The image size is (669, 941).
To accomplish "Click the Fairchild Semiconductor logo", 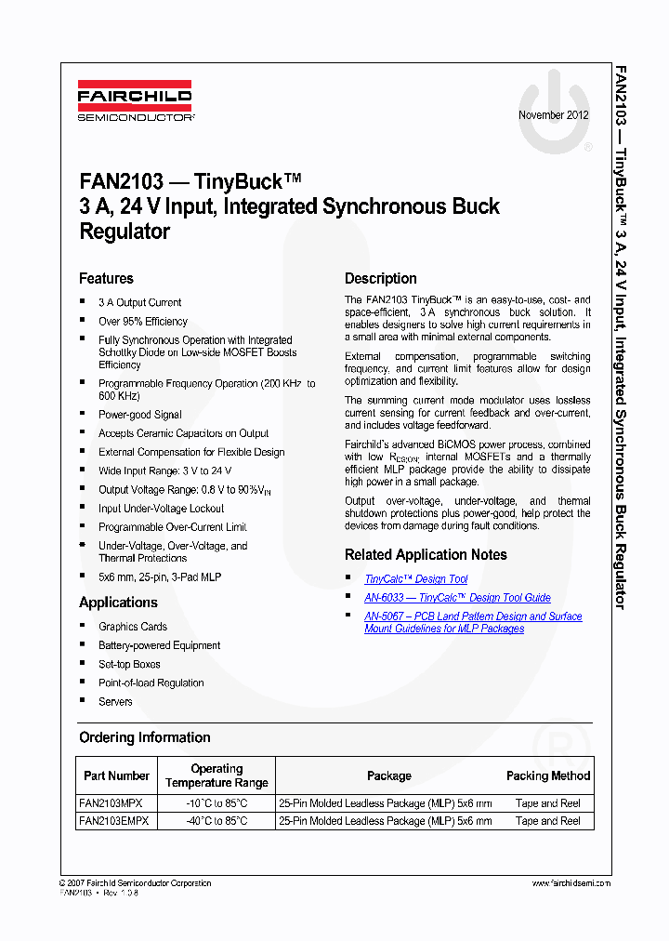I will point(135,103).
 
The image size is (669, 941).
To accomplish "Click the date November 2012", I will point(553,116).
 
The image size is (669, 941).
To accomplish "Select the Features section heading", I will point(106,279).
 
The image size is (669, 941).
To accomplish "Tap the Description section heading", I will point(381,279).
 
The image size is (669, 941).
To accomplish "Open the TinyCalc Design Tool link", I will point(415,579).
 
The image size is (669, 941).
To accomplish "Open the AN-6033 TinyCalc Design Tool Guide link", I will point(457,598).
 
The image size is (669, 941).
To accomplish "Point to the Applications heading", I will point(118,603).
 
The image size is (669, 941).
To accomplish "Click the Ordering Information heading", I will point(144,737).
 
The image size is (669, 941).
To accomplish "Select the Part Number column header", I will point(116,775).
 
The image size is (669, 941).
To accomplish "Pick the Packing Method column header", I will point(547,775).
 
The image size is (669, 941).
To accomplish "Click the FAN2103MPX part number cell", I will point(111,803).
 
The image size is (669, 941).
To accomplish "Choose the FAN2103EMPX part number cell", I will point(113,821).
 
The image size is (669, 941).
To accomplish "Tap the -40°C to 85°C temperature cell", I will point(216,821).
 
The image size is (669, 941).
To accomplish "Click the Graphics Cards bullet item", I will point(132,627).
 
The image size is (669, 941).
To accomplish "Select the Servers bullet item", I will point(115,702).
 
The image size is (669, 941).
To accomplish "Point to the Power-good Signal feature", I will point(139,415).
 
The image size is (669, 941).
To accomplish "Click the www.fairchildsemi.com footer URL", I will point(571,883).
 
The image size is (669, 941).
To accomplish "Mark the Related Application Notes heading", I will point(426,555).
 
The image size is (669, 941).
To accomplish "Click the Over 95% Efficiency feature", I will point(142,322).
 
